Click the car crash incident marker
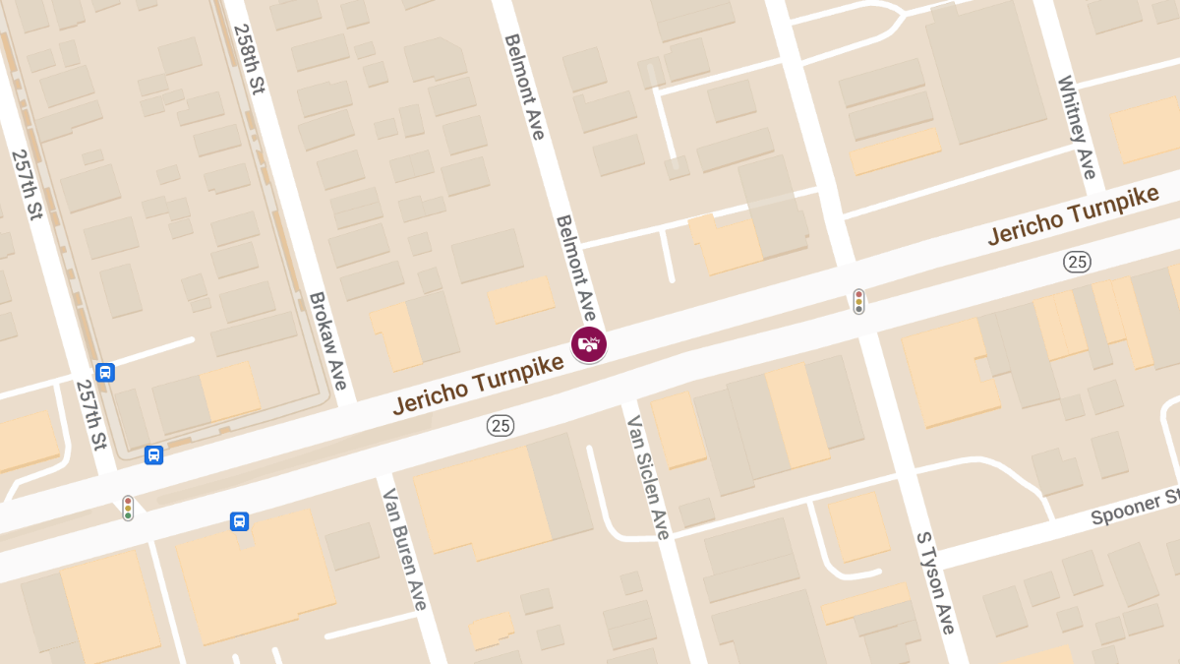(x=589, y=344)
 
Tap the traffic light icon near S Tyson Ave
(x=858, y=301)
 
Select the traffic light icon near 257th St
(x=128, y=508)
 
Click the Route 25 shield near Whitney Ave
(x=1078, y=262)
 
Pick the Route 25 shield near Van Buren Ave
(x=501, y=426)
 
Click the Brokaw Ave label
(x=329, y=340)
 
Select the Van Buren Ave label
(x=405, y=548)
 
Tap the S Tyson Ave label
(x=935, y=582)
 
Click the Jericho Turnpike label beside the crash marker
(x=478, y=385)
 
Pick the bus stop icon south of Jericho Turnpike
(x=239, y=521)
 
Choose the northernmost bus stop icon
(x=105, y=373)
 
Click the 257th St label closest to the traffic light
(x=90, y=414)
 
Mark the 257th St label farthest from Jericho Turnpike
(x=27, y=184)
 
